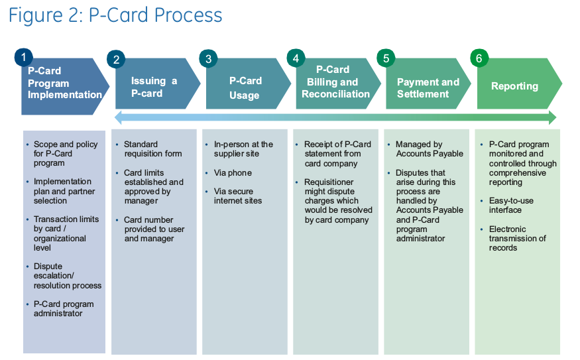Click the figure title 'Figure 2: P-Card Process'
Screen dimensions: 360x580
click(x=115, y=15)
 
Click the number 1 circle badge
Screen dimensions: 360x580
click(x=24, y=58)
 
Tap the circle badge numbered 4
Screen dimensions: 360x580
click(x=296, y=58)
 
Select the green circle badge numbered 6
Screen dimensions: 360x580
click(x=479, y=58)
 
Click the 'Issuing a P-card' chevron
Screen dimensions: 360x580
click(x=154, y=87)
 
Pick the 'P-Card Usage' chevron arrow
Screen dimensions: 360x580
click(x=245, y=88)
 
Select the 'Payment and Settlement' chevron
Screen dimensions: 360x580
click(x=428, y=88)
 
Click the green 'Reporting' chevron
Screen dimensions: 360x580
click(x=514, y=86)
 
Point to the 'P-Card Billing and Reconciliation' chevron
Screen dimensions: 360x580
click(x=336, y=82)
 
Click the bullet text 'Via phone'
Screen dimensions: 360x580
click(x=233, y=173)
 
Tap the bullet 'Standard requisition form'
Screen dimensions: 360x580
click(x=152, y=149)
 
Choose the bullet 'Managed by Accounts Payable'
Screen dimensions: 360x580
click(x=429, y=149)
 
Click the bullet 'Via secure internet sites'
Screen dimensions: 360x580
click(x=237, y=196)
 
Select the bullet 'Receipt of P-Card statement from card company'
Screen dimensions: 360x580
click(x=337, y=154)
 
